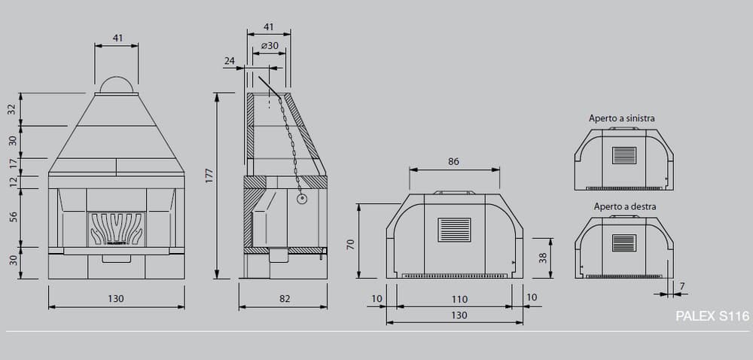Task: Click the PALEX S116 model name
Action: [x=712, y=316]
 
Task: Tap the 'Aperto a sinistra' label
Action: [x=621, y=118]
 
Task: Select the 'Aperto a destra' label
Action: [x=624, y=206]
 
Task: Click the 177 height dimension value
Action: [x=209, y=175]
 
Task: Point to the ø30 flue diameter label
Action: [x=270, y=46]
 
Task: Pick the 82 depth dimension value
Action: [x=285, y=298]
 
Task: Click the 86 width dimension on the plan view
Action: [x=453, y=162]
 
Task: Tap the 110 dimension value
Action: [x=459, y=300]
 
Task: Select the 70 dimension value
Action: [x=351, y=244]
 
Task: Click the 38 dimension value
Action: [x=543, y=258]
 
